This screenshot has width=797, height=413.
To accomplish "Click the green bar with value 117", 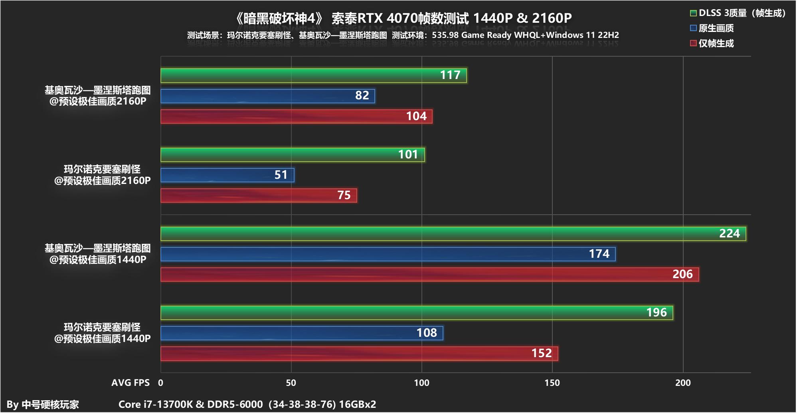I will (313, 76).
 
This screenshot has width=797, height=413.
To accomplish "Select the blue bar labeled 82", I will (267, 96).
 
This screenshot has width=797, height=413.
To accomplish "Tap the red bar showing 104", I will (296, 117).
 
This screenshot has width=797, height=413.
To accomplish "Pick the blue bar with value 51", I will (227, 175).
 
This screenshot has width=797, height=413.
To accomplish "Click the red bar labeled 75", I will (259, 196).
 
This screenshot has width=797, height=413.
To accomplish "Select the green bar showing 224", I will (453, 234).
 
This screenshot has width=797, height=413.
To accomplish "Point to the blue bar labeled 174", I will (388, 254).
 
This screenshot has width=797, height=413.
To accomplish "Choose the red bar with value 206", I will (429, 275).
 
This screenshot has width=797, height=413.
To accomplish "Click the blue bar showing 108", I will (302, 333).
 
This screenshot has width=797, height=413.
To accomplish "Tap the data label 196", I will (657, 312).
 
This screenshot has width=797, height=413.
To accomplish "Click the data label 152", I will (542, 353).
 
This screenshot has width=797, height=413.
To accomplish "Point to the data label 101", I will (408, 154).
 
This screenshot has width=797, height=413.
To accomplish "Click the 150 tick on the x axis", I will (552, 383).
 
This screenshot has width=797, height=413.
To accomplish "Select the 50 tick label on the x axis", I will (291, 383).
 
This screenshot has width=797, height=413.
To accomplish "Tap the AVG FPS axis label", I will (131, 383).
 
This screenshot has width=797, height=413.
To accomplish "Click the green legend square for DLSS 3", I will (693, 13).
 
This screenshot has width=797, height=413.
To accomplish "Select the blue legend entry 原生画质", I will (716, 28).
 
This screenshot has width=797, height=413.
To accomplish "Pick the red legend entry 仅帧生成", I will (716, 43).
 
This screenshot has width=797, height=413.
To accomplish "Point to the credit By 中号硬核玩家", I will (43, 405).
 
